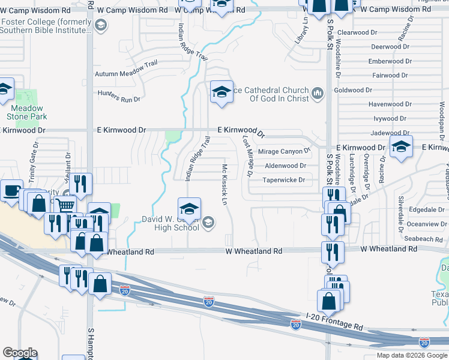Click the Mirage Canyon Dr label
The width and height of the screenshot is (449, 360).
[x=284, y=151]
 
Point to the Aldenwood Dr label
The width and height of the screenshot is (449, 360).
[x=285, y=166]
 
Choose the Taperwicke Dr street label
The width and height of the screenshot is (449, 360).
[x=284, y=179]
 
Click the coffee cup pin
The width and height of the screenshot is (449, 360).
[x=11, y=191]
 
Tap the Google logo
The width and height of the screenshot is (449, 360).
[x=19, y=353]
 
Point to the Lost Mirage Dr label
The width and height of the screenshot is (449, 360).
[x=246, y=157]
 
